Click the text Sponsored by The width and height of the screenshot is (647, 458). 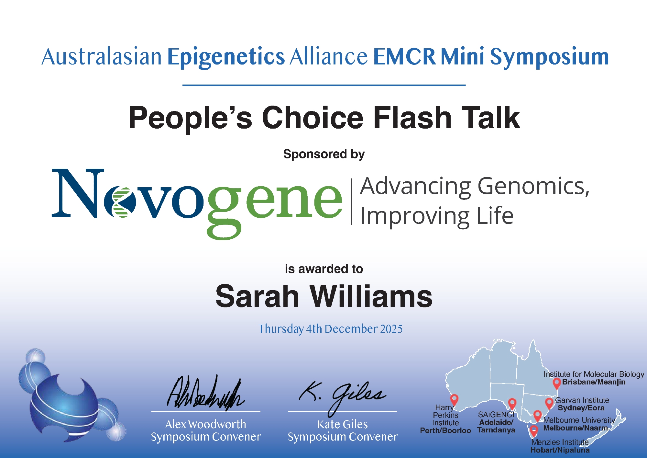pyautogui.click(x=324, y=155)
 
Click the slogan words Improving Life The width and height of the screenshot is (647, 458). pyautogui.click(x=437, y=216)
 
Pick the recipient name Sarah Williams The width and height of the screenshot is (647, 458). pyautogui.click(x=324, y=296)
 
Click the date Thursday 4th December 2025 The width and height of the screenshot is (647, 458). pyautogui.click(x=330, y=329)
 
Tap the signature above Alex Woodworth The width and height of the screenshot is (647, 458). pyautogui.click(x=205, y=393)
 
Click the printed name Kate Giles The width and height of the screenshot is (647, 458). pyautogui.click(x=343, y=424)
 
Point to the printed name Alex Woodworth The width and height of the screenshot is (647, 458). pyautogui.click(x=206, y=424)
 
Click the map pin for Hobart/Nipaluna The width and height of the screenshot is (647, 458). pyautogui.click(x=534, y=431)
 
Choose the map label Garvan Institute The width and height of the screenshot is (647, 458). pyautogui.click(x=582, y=400)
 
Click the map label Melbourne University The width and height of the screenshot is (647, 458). pyautogui.click(x=579, y=420)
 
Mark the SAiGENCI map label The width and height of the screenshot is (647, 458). pyautogui.click(x=496, y=415)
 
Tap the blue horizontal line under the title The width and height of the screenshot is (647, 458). pyautogui.click(x=324, y=85)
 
